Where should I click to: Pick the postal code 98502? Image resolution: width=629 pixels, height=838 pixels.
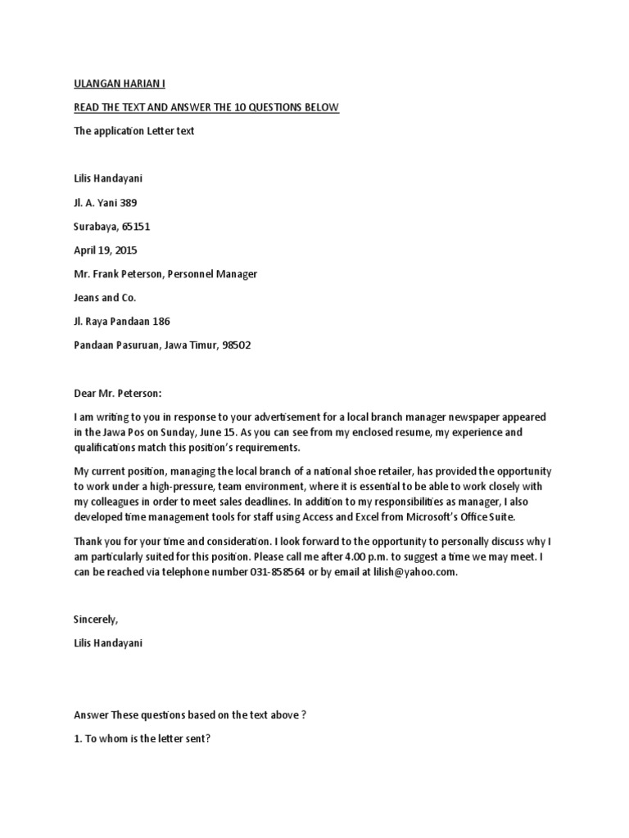pyautogui.click(x=234, y=345)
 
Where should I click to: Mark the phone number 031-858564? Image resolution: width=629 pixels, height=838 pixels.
pyautogui.click(x=278, y=573)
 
